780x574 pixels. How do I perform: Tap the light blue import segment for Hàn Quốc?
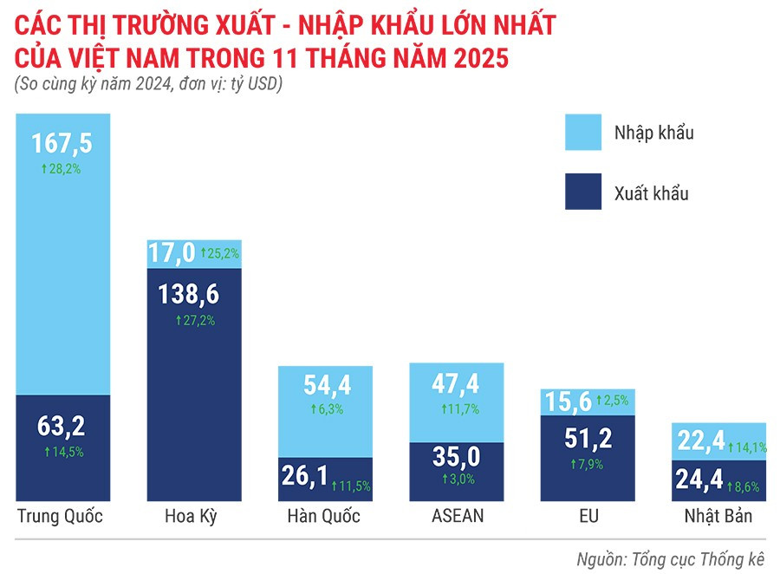tap(325, 411)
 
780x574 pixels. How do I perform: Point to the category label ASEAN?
tap(458, 517)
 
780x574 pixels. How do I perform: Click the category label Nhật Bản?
tap(718, 517)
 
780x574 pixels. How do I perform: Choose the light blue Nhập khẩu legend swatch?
tap(589, 134)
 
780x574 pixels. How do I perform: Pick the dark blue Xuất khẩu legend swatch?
tap(589, 192)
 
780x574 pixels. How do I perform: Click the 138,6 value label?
tap(190, 295)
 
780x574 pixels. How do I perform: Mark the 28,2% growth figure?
tap(62, 169)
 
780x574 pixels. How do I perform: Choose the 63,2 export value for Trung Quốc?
tap(62, 425)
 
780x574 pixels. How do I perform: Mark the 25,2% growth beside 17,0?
tap(220, 254)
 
